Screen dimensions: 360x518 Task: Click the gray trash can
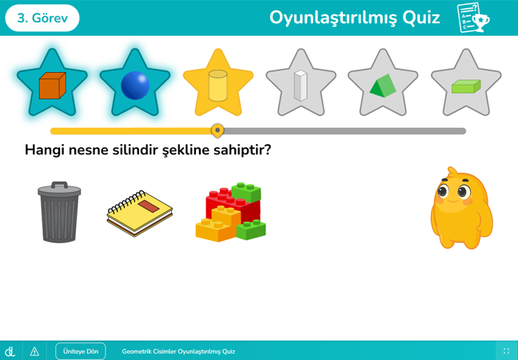[x=59, y=214]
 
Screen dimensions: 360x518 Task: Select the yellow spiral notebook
[x=140, y=213]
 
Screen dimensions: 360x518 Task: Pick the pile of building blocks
[x=230, y=213]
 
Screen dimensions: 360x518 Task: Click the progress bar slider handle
[x=217, y=130]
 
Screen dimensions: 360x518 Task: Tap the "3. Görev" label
[x=42, y=18]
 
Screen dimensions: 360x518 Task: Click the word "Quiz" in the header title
[x=421, y=18]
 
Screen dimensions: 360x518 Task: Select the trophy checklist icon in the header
[x=472, y=18]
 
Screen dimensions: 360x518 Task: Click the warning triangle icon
[x=34, y=351]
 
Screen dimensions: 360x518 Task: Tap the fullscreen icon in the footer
[x=506, y=351]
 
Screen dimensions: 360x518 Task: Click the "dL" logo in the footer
[x=10, y=351]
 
